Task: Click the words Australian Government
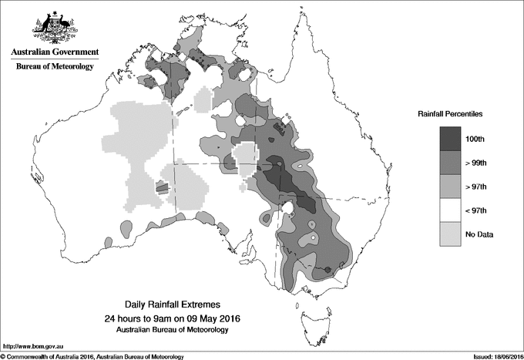pos(55,52)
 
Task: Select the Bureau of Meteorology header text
pos(55,67)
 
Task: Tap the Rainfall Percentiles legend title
pos(450,113)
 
